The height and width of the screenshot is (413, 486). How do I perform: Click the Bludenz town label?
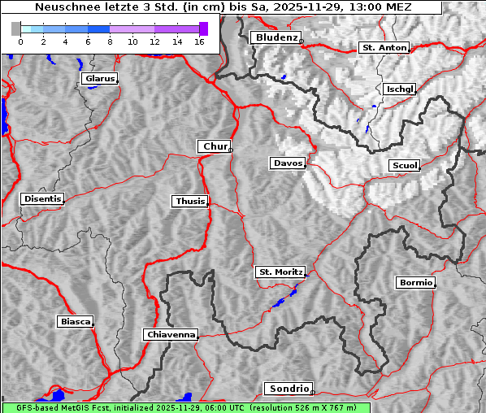275,37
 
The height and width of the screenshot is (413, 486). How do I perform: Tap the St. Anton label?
383,48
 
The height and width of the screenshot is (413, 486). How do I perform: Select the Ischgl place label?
400,89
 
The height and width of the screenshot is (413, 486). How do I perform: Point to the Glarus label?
98,79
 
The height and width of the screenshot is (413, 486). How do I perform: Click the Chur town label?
215,146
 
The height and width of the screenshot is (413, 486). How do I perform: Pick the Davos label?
288,163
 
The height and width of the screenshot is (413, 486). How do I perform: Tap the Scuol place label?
404,166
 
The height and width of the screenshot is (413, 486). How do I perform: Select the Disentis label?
42,199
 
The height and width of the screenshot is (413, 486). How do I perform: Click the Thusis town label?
190,201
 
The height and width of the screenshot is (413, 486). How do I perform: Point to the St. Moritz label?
280,272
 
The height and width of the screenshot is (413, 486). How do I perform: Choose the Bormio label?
415,283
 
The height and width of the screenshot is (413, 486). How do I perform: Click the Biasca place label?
75,322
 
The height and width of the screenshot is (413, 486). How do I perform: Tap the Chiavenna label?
171,334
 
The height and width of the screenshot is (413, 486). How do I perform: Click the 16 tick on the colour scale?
199,41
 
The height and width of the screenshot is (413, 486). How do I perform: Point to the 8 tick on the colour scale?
110,41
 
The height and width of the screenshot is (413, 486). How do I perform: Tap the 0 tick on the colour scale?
20,41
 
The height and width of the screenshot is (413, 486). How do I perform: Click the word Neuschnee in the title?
62,7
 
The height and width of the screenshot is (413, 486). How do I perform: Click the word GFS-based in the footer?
30,407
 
